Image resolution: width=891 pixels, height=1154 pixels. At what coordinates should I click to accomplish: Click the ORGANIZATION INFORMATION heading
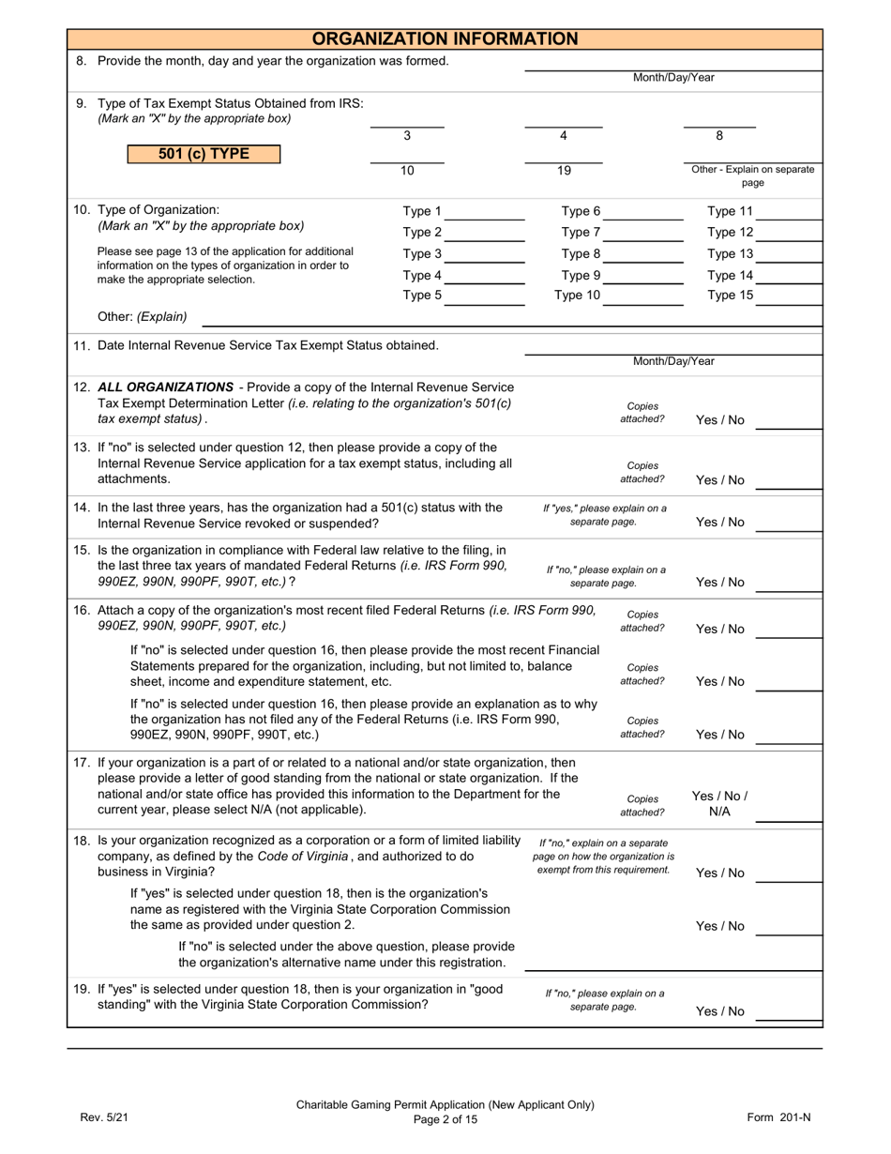(445, 38)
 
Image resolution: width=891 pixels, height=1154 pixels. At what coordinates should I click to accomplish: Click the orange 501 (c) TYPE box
(204, 154)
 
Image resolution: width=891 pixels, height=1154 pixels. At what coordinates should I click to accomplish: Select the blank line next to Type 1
(485, 218)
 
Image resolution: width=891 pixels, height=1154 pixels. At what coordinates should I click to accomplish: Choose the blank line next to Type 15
(789, 302)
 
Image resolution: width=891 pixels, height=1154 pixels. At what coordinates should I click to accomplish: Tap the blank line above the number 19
(563, 160)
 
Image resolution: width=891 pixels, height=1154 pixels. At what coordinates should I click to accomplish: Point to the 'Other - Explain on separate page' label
(752, 176)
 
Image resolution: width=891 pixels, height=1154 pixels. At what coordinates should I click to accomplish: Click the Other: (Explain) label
(143, 316)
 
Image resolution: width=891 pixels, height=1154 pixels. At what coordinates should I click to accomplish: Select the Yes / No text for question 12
(720, 420)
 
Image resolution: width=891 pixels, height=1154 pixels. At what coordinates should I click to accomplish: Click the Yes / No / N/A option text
(719, 803)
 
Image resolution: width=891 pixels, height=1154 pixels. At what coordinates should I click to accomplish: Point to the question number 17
(82, 763)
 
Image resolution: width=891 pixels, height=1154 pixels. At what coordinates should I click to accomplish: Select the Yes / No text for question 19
(720, 1011)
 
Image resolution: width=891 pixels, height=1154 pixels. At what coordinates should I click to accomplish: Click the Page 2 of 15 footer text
(445, 1119)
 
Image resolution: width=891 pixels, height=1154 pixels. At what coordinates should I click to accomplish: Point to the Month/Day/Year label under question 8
(673, 78)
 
